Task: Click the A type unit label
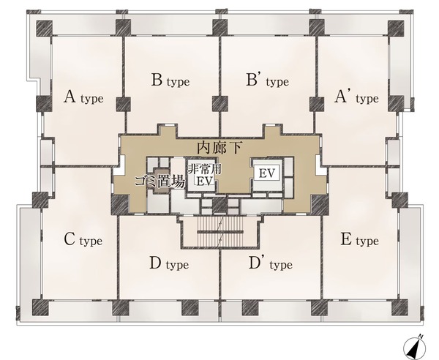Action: [83, 97]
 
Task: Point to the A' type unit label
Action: [356, 97]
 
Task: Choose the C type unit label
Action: [83, 240]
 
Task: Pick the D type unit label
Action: [169, 263]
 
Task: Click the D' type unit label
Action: [271, 263]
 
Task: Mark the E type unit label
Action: [359, 240]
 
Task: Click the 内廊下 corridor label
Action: [219, 148]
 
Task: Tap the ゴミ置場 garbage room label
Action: [160, 181]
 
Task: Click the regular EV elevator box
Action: [266, 173]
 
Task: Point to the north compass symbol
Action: [414, 347]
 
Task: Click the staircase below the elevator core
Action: [220, 231]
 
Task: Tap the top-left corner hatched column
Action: [45, 28]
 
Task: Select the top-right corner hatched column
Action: [396, 28]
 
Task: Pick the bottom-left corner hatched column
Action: [40, 307]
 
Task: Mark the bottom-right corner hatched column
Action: [399, 307]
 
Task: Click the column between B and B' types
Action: [219, 104]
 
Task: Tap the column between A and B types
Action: [123, 104]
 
